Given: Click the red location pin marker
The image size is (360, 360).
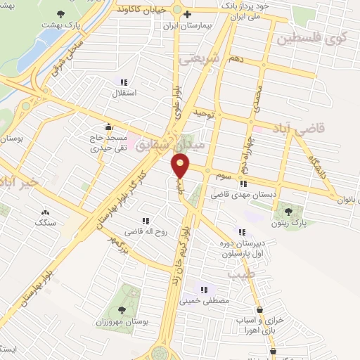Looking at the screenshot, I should pyautogui.click(x=181, y=167).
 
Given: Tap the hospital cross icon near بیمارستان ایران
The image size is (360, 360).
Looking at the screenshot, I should pyautogui.click(x=187, y=13).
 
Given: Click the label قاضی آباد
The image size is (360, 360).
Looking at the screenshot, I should pyautogui.click(x=321, y=129).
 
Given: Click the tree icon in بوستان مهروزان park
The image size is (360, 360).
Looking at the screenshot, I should pyautogui.click(x=122, y=309).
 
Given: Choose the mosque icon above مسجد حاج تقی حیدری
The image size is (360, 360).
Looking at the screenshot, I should pyautogui.click(x=108, y=127).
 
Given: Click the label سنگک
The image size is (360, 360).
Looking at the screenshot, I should pyautogui.click(x=46, y=222).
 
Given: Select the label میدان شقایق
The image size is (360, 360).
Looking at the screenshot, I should pyautogui.click(x=166, y=146).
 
